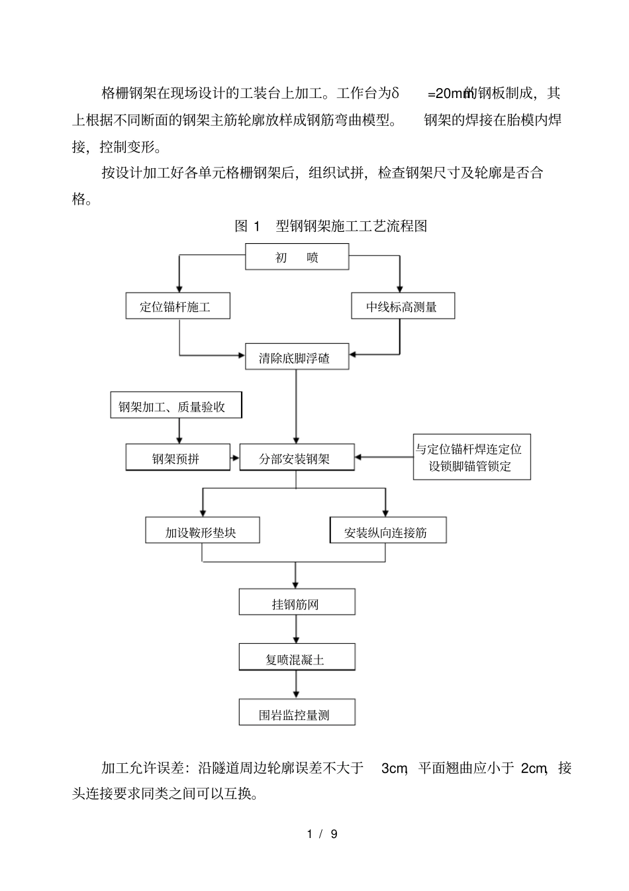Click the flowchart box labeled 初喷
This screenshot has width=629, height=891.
(x=297, y=257)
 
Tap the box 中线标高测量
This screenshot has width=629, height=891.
(x=402, y=307)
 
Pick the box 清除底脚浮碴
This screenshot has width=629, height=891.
(x=297, y=358)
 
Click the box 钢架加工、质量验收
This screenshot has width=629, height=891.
(x=175, y=405)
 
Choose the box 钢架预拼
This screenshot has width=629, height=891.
(x=178, y=458)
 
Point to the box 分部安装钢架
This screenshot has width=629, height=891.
(x=297, y=458)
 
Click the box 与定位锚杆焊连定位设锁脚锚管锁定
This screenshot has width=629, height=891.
(x=471, y=457)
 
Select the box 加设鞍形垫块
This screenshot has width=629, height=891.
(x=202, y=531)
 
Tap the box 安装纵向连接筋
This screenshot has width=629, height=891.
(x=387, y=531)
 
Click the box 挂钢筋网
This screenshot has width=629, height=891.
(x=297, y=603)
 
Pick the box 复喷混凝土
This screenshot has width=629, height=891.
(x=297, y=658)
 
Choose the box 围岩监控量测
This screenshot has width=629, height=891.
(x=297, y=713)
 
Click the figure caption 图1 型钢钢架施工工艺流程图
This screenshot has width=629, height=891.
(x=331, y=226)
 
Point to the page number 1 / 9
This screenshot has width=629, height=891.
(x=322, y=834)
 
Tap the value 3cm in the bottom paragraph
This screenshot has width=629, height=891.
(x=394, y=768)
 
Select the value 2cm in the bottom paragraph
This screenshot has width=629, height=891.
(x=534, y=768)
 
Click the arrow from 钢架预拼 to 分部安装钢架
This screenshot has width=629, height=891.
(x=235, y=458)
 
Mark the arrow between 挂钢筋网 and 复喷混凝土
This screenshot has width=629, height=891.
(x=297, y=629)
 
